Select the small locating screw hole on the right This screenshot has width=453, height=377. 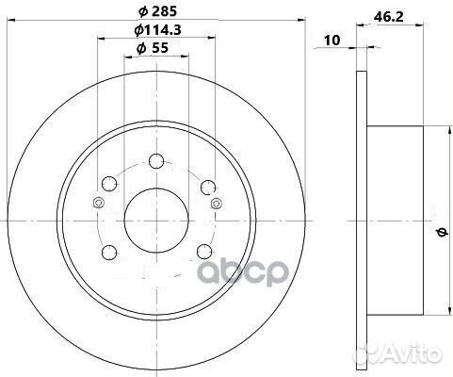point(217,205)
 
